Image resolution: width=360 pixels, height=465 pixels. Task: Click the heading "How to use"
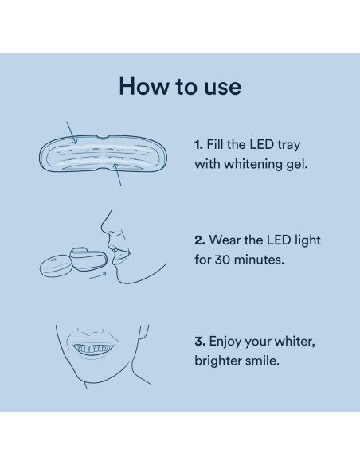click(179, 86)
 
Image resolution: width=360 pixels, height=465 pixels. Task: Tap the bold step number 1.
click(198, 145)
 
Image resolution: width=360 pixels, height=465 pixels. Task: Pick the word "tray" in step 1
click(285, 145)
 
